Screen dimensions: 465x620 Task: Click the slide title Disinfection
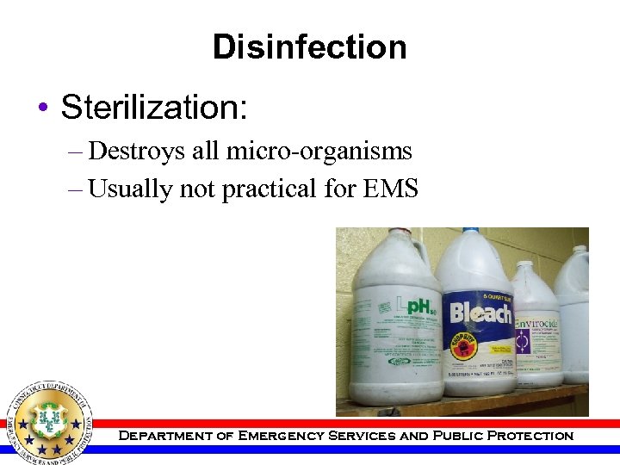pyautogui.click(x=309, y=46)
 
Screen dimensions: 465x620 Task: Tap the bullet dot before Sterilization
pyautogui.click(x=42, y=109)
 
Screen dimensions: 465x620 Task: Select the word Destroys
pyautogui.click(x=128, y=152)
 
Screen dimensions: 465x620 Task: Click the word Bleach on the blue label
pyautogui.click(x=479, y=313)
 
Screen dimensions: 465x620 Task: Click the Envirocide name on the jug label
pyautogui.click(x=536, y=313)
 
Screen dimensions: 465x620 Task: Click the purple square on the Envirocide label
pyautogui.click(x=523, y=343)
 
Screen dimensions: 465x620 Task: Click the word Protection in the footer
pyautogui.click(x=530, y=436)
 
